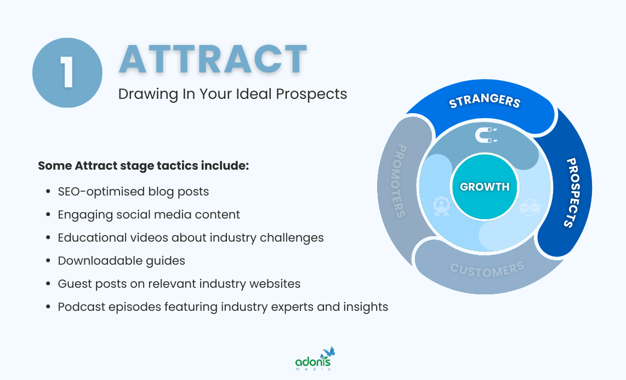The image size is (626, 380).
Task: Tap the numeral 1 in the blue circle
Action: click(67, 72)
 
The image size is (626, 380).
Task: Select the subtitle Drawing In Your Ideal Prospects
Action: click(232, 94)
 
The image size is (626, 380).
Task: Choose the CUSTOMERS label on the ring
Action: click(487, 270)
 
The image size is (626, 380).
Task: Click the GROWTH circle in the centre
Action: click(485, 187)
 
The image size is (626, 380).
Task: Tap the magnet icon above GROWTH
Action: click(485, 135)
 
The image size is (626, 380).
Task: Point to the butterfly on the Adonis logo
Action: click(329, 351)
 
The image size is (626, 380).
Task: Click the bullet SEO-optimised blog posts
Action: click(133, 192)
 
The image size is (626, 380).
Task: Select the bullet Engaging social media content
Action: click(149, 215)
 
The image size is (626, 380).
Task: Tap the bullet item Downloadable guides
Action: click(121, 261)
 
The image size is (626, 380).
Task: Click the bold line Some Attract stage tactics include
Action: click(143, 165)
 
